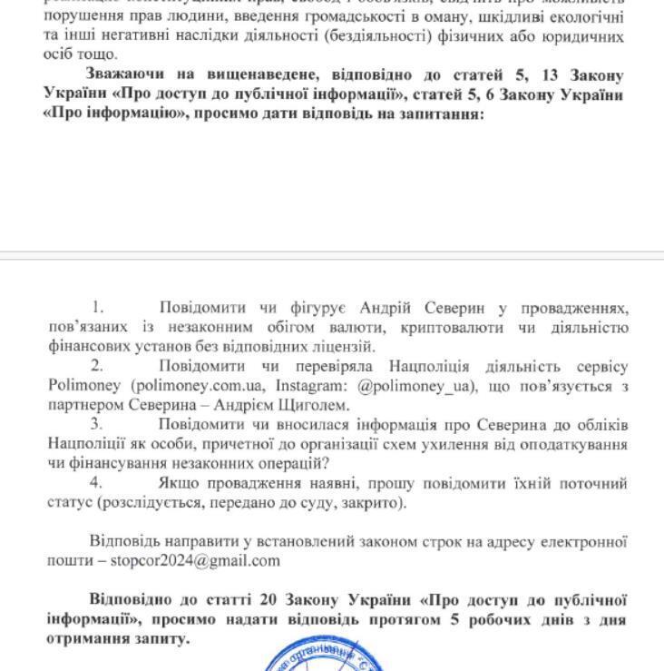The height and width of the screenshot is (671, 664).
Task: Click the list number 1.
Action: [x=98, y=308]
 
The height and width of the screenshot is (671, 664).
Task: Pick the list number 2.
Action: [x=97, y=366]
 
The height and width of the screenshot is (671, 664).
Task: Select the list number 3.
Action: [x=97, y=424]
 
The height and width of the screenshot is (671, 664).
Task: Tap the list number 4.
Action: [x=97, y=482]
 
